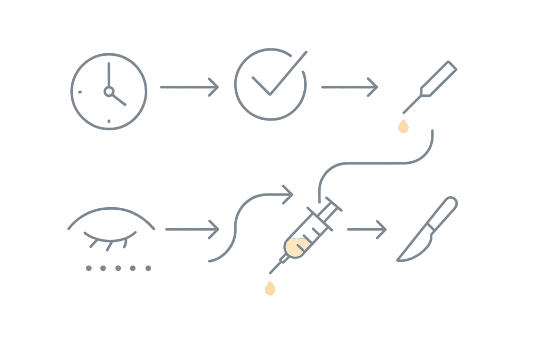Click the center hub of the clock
pyautogui.click(x=109, y=92)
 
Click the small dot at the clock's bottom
pyautogui.click(x=109, y=121)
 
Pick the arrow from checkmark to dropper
pyautogui.click(x=350, y=87)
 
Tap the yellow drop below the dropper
pyautogui.click(x=403, y=127)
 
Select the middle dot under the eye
pyautogui.click(x=118, y=268)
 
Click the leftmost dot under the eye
pyautogui.click(x=89, y=268)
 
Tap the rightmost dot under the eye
pyautogui.click(x=148, y=268)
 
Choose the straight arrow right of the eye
pyautogui.click(x=192, y=229)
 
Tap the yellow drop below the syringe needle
pyautogui.click(x=270, y=289)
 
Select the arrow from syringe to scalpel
pyautogui.click(x=367, y=229)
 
